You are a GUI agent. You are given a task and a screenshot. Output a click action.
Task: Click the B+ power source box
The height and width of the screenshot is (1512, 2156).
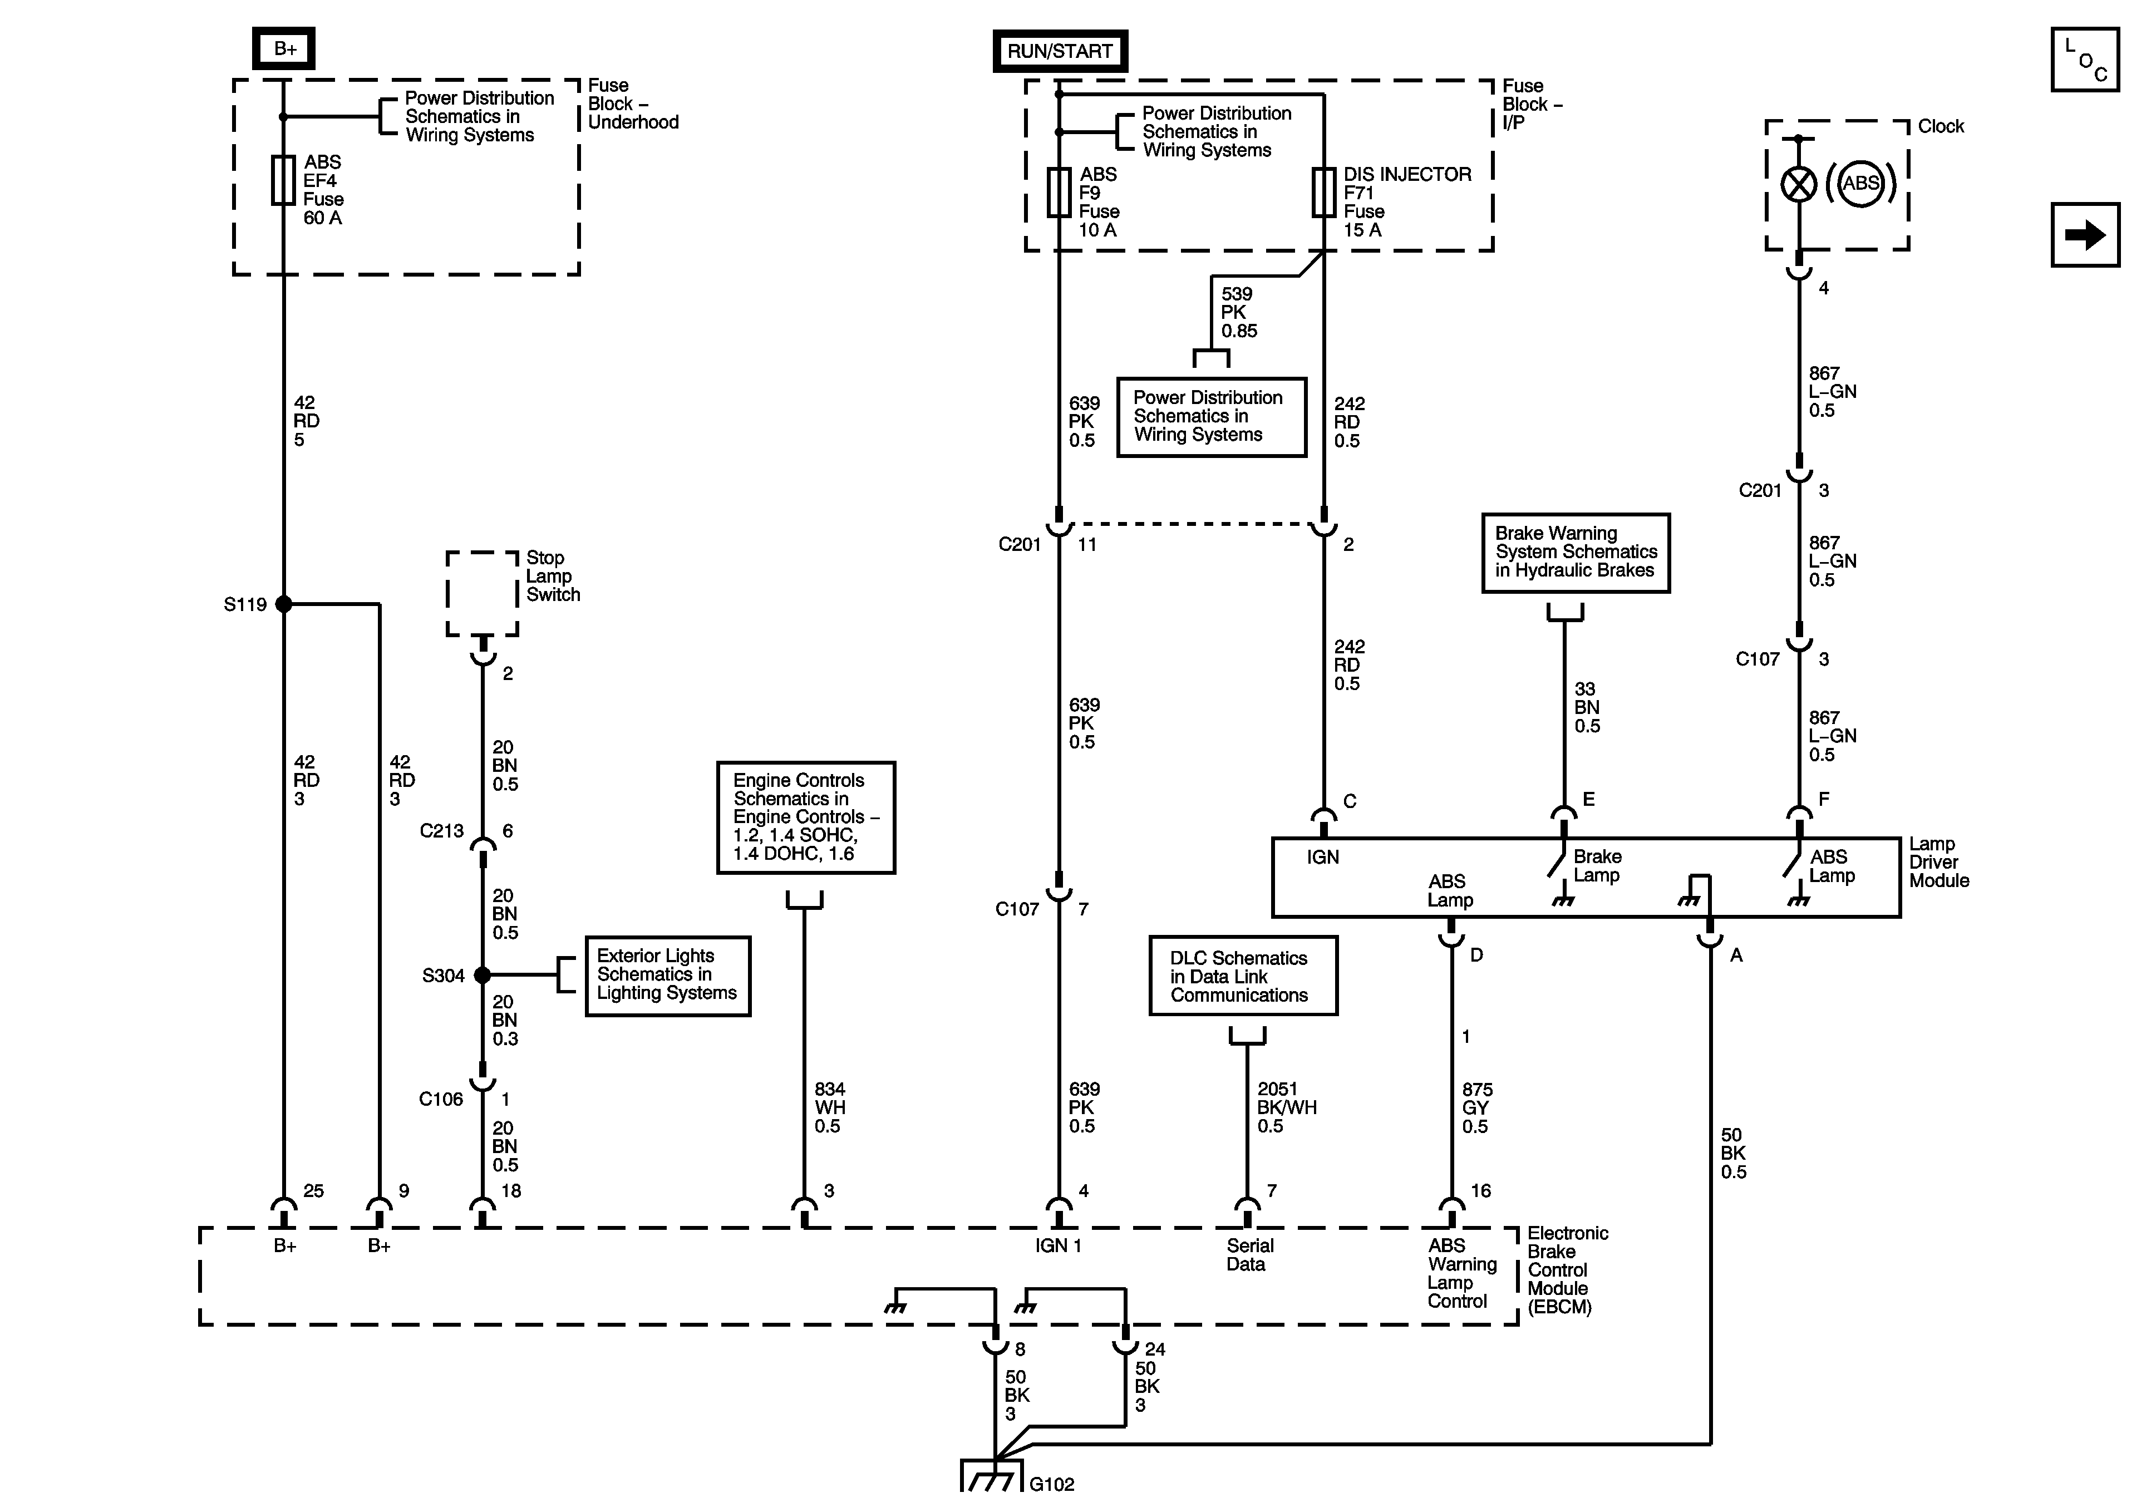(x=284, y=49)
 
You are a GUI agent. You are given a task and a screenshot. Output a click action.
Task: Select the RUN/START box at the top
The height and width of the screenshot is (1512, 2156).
(x=1060, y=51)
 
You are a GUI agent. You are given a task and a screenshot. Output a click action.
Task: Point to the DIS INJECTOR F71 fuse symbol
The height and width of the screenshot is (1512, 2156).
(x=1324, y=193)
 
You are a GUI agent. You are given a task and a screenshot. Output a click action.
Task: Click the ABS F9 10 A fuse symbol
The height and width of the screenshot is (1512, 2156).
(x=1059, y=193)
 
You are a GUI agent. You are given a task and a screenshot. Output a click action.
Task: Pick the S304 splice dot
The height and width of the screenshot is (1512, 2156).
(x=483, y=975)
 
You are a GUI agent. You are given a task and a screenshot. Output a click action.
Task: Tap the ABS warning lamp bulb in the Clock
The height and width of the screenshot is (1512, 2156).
(x=1799, y=184)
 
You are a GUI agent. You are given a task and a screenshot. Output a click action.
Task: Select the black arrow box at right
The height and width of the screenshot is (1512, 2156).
(x=2085, y=235)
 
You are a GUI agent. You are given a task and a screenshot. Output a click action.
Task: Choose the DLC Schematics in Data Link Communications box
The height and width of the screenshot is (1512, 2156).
(x=1243, y=976)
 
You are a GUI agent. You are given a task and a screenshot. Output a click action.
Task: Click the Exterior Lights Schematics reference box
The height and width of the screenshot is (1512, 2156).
(x=668, y=976)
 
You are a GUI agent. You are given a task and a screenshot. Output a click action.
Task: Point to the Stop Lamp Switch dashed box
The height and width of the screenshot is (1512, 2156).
(x=483, y=594)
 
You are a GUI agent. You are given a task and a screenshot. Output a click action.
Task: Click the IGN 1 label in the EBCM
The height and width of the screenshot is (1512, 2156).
(x=1059, y=1245)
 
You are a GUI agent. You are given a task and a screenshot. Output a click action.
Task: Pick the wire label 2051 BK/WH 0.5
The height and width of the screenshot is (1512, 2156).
(x=1287, y=1107)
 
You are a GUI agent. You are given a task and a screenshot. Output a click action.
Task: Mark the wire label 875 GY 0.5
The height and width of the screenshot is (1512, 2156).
(x=1477, y=1108)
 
